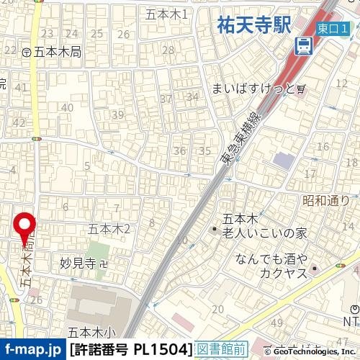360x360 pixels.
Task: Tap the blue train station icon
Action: tap(304, 48)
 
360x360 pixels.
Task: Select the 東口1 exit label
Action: tap(333, 27)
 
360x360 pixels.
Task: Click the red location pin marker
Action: tap(27, 228)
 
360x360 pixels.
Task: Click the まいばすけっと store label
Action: tap(255, 89)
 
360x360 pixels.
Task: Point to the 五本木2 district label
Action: tap(109, 229)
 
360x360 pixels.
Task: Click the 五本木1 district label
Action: tap(166, 14)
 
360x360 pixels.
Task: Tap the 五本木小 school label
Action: tap(91, 333)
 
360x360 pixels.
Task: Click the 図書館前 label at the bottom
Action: tap(222, 350)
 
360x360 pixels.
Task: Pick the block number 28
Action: tap(168, 50)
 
